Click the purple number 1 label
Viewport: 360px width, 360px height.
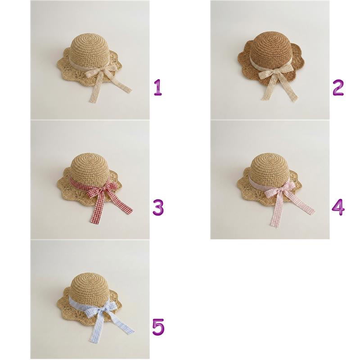click(158, 87)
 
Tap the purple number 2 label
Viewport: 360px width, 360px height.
click(338, 88)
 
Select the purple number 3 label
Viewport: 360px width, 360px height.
click(158, 207)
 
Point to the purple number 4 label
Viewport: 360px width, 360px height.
click(338, 207)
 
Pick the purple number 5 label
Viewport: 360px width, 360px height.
click(158, 327)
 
